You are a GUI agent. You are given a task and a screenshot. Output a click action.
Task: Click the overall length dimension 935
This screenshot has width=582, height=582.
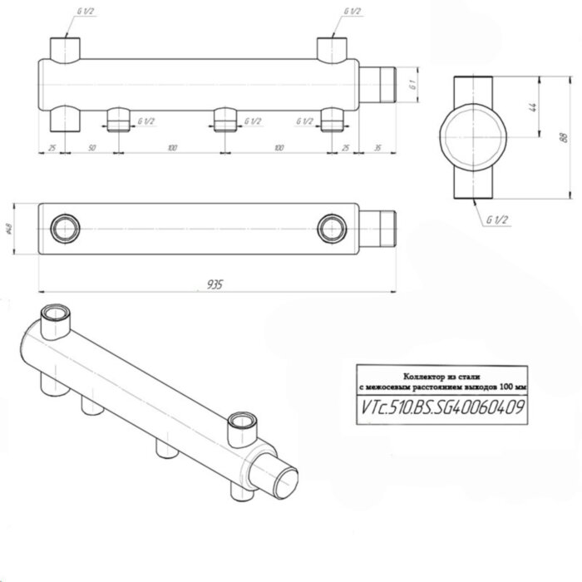point(215,284)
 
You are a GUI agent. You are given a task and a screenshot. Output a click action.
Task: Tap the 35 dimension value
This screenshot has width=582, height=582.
point(377,147)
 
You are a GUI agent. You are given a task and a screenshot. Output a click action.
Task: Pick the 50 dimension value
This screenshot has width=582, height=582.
point(91,147)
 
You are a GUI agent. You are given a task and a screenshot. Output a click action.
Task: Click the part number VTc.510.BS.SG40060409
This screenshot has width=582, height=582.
point(440,407)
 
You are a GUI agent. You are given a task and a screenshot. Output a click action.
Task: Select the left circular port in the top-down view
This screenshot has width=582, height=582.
point(63,227)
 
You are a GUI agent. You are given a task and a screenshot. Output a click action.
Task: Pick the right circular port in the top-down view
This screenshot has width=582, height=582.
point(331,227)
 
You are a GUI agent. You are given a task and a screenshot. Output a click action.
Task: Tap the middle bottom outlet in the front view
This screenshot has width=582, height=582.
point(222,121)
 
